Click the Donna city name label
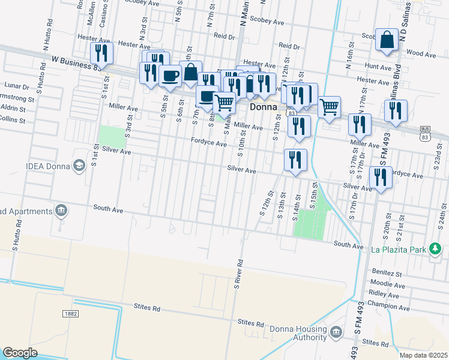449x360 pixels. coord(263,107)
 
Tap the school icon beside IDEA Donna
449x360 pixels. coord(79,166)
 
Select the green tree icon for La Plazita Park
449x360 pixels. coord(435,249)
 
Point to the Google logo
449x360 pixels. coord(20,352)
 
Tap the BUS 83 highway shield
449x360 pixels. coord(426,133)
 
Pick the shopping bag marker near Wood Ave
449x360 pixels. coord(388,40)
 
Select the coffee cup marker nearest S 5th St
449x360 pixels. coord(170,76)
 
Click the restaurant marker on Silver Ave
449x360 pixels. coord(295,160)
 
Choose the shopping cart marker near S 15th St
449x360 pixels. coord(329,107)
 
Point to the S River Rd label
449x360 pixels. coord(238,273)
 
